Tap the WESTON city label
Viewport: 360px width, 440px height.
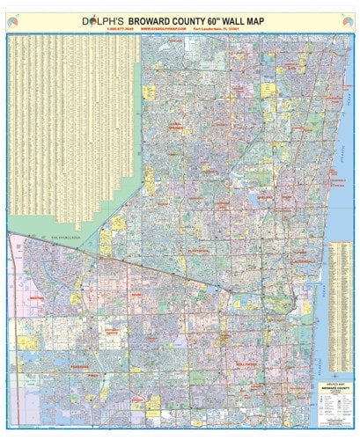point(40,298)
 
